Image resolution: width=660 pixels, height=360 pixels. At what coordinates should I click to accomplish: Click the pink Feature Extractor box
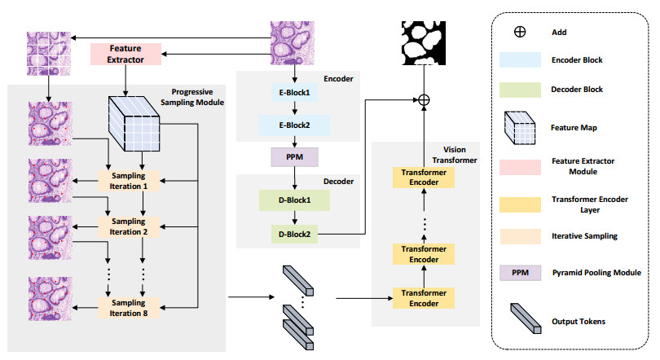(125, 55)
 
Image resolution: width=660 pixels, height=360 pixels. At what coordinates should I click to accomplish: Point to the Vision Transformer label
(458, 156)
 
